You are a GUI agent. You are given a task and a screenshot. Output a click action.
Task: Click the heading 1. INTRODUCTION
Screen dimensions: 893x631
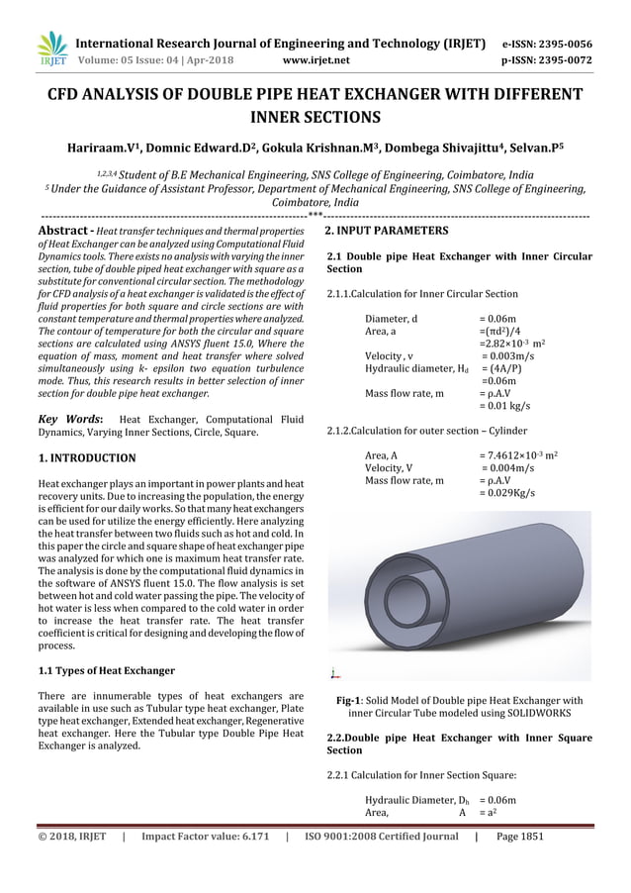point(85,459)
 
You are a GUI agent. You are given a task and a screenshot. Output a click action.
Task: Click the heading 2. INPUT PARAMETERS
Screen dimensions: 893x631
point(387,231)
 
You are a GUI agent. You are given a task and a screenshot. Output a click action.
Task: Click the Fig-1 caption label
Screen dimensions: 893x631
point(351,702)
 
